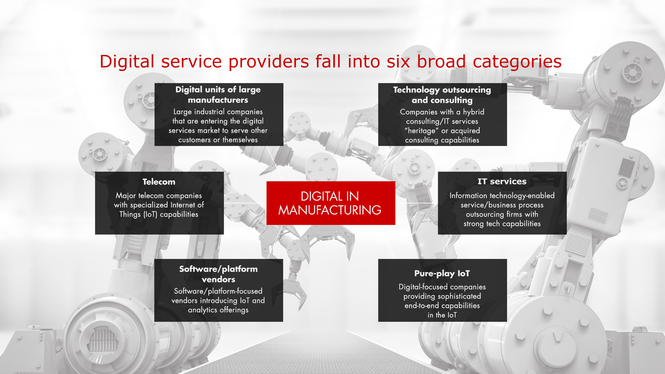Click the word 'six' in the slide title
point(398,62)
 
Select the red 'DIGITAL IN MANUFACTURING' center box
point(331,203)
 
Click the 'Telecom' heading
point(159,182)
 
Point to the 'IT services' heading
point(502,181)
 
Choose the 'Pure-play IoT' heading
point(442,273)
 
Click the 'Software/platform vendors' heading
point(218,274)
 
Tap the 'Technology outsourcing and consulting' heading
point(442,95)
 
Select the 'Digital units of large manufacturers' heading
point(218,95)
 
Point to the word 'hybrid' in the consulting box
point(473,112)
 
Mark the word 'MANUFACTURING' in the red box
point(330,210)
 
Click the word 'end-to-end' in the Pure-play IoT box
point(422,306)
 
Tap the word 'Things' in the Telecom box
point(130,215)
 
